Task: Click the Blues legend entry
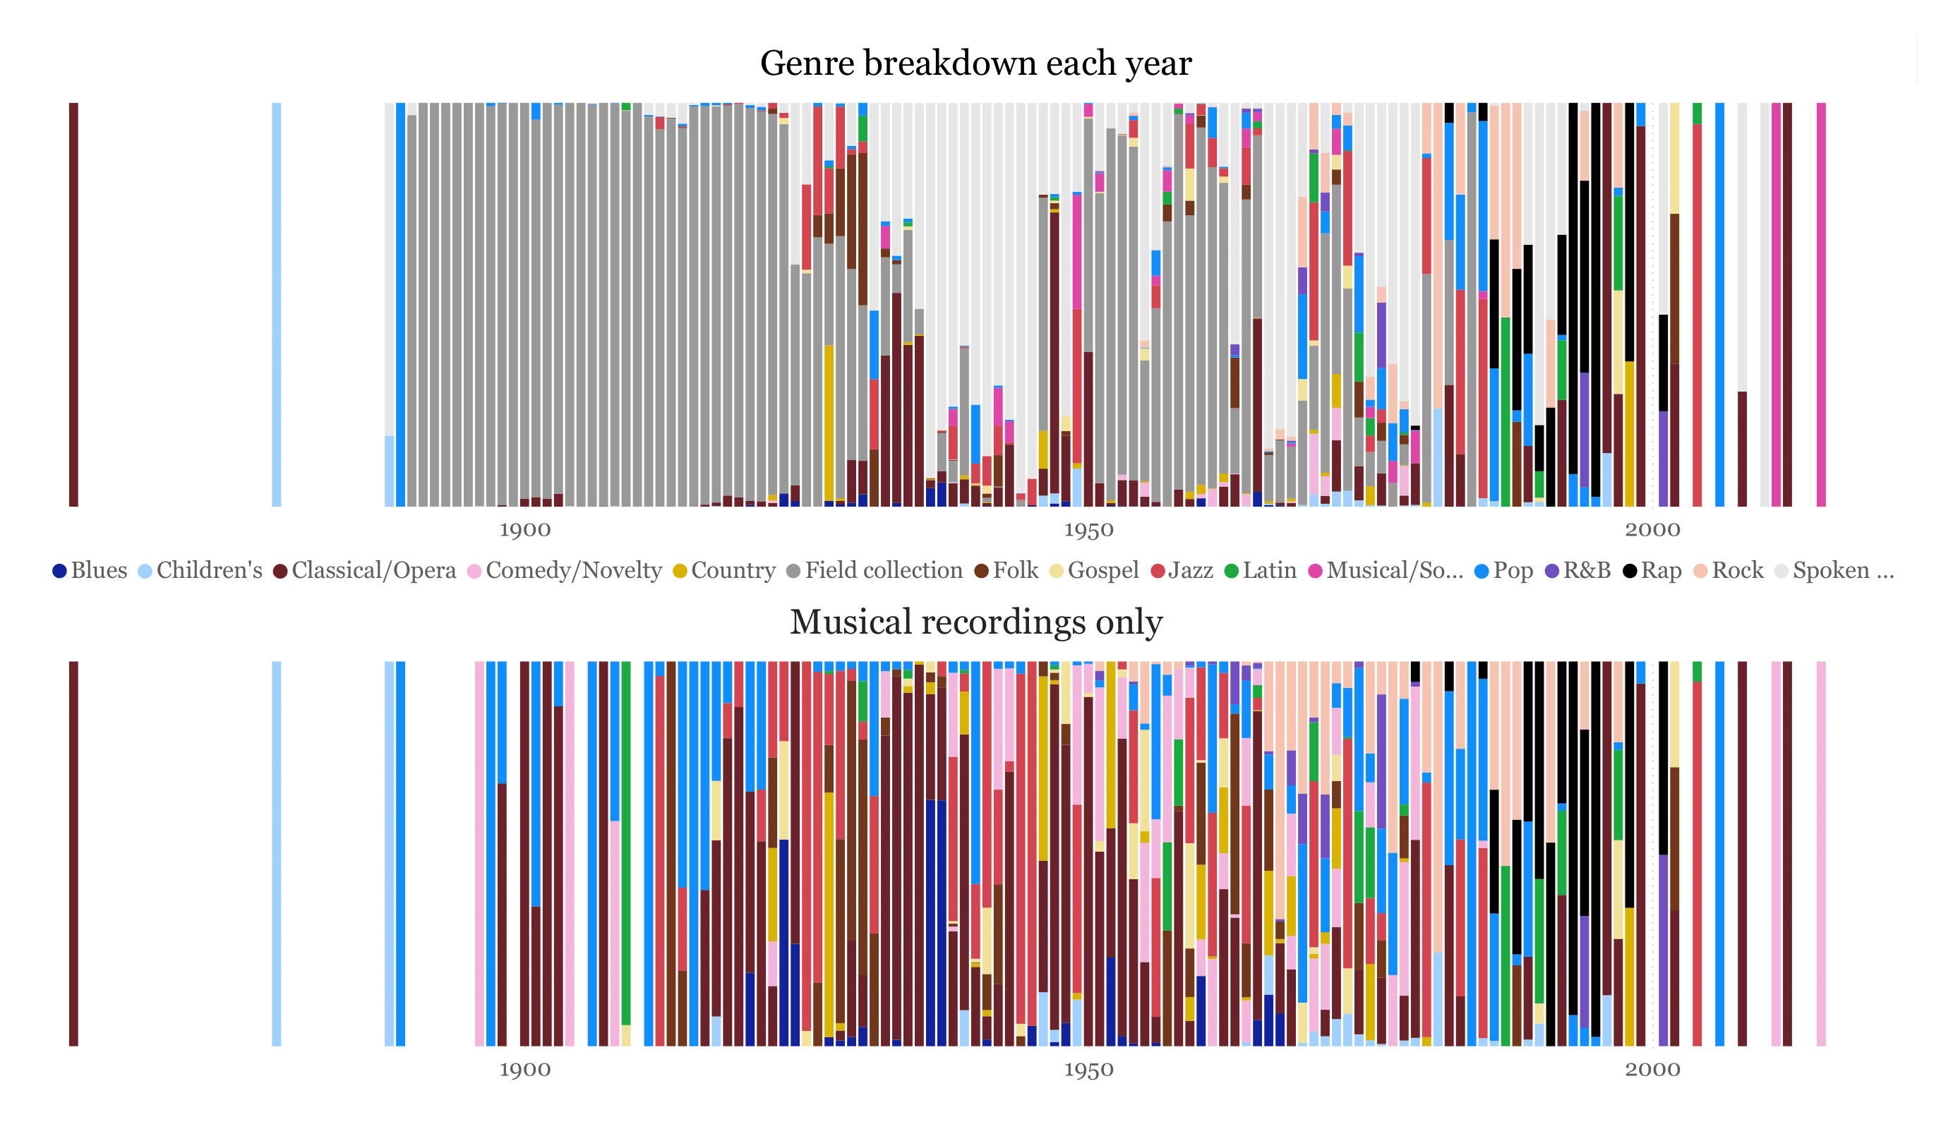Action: point(89,570)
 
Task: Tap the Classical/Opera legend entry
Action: point(364,570)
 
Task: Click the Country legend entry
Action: point(724,570)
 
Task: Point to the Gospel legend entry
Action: point(1093,570)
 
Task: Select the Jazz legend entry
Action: point(1181,570)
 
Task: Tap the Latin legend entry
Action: point(1260,570)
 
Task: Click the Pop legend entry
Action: point(1503,570)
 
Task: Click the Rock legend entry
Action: point(1729,570)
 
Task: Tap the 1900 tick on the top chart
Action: point(524,530)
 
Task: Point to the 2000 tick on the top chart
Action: point(1652,530)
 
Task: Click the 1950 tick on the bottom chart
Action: point(1088,1070)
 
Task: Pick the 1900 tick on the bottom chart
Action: point(524,1070)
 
